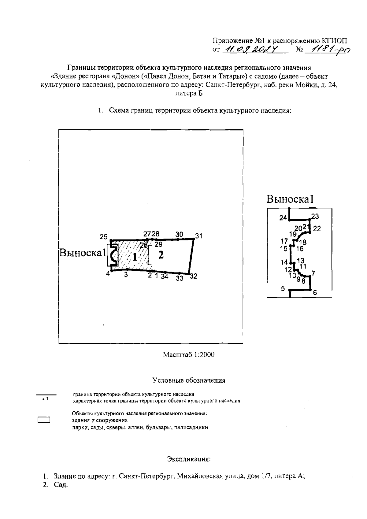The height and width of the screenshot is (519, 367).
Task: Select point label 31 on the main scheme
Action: [x=199, y=236]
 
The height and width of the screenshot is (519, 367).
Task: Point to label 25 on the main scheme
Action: [x=103, y=236]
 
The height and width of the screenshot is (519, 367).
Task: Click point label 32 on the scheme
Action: [x=193, y=276]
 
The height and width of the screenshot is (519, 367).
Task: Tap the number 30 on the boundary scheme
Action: [x=179, y=234]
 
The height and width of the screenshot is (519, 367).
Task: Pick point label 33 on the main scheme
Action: [x=180, y=278]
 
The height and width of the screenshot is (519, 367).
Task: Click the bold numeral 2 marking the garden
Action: [x=161, y=254]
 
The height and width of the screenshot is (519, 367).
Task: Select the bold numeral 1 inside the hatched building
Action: [x=134, y=257]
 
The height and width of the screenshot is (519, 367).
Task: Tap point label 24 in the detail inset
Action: [x=283, y=218]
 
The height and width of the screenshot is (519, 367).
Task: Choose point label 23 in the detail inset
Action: [x=315, y=217]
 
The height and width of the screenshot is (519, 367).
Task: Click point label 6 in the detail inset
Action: [x=315, y=293]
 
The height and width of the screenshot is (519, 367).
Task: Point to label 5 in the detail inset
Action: [x=283, y=288]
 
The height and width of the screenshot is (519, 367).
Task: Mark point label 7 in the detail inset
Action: [x=313, y=273]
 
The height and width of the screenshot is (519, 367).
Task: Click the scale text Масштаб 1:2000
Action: [x=188, y=354]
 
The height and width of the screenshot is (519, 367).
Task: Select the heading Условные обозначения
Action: [x=189, y=381]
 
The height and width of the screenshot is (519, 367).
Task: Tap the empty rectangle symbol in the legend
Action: [x=44, y=420]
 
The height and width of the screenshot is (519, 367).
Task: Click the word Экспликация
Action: [x=189, y=459]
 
